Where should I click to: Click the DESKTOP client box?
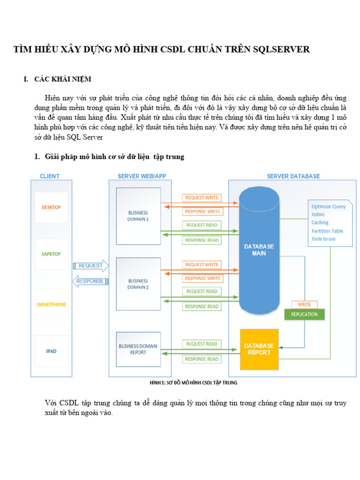coord(51,207)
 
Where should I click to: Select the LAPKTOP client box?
coord(51,254)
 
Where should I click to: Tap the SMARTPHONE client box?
coord(51,304)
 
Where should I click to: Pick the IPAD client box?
coord(51,351)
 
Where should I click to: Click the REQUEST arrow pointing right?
coord(91,266)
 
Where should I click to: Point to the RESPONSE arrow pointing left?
coord(91,281)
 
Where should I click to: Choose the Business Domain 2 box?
coord(138,284)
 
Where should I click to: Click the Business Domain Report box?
coord(138,349)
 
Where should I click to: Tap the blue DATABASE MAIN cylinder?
coord(259,249)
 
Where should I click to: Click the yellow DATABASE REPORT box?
coord(259,349)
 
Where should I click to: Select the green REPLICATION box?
coord(304,314)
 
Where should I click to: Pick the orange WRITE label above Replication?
coord(304,305)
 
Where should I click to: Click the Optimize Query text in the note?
coord(329,207)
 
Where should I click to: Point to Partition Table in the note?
coord(327,231)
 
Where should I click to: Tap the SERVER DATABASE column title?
coord(293,176)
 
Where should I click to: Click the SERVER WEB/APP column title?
coord(142,176)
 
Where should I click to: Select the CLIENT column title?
coord(50,176)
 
